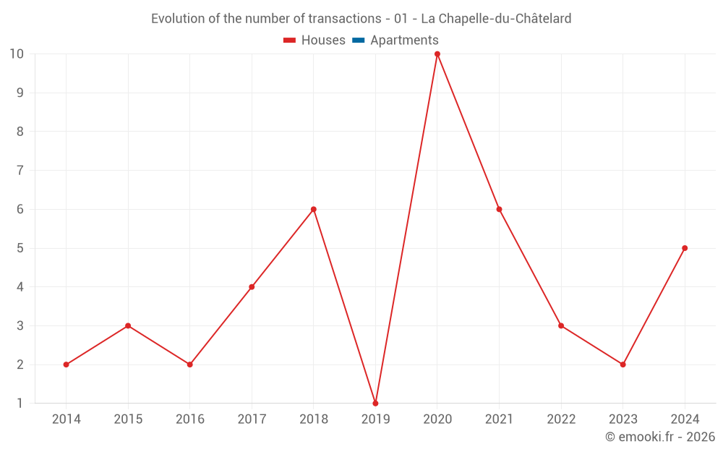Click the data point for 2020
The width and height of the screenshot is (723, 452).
pyautogui.click(x=437, y=54)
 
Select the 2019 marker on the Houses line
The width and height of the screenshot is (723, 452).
pyautogui.click(x=375, y=403)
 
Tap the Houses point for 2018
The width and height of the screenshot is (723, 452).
pyautogui.click(x=314, y=209)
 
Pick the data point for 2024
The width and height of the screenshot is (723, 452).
pyautogui.click(x=685, y=248)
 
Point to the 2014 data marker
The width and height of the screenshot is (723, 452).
pyautogui.click(x=67, y=364)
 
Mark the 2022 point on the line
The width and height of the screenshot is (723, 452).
pyautogui.click(x=561, y=325)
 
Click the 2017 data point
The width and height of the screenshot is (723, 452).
pyautogui.click(x=252, y=287)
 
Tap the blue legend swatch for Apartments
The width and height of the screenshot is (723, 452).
pyautogui.click(x=358, y=40)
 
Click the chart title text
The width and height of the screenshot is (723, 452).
pyautogui.click(x=361, y=19)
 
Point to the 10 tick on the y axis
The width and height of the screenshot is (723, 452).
pyautogui.click(x=17, y=54)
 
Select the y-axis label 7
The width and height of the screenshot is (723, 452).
pyautogui.click(x=20, y=170)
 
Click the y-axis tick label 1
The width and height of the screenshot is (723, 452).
pyautogui.click(x=20, y=403)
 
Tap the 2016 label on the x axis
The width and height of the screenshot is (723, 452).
pyautogui.click(x=190, y=419)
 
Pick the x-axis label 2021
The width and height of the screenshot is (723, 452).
pyautogui.click(x=499, y=419)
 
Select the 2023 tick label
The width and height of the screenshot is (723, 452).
pyautogui.click(x=623, y=419)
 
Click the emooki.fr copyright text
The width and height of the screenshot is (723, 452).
pyautogui.click(x=659, y=437)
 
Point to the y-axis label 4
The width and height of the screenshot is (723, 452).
pyautogui.click(x=20, y=287)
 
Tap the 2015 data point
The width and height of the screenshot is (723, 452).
pyautogui.click(x=128, y=325)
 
